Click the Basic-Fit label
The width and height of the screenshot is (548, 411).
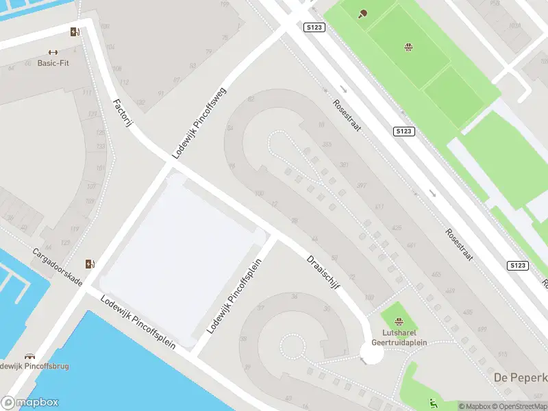[53, 63]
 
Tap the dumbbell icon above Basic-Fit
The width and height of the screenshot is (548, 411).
[53, 52]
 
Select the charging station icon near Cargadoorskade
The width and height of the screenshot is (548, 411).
[90, 264]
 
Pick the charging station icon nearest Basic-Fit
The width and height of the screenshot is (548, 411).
[75, 31]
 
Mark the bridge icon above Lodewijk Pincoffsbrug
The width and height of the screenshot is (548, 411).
[29, 356]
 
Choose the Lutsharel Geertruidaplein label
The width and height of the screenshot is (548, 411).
[399, 337]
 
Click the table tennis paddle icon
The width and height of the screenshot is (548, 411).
[362, 13]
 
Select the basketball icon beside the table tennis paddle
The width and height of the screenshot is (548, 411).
[409, 47]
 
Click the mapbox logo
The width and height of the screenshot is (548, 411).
[29, 403]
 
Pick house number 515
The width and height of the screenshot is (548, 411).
[503, 354]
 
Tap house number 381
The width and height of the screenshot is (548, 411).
[343, 165]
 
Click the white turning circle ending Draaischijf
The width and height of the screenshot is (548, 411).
[371, 353]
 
